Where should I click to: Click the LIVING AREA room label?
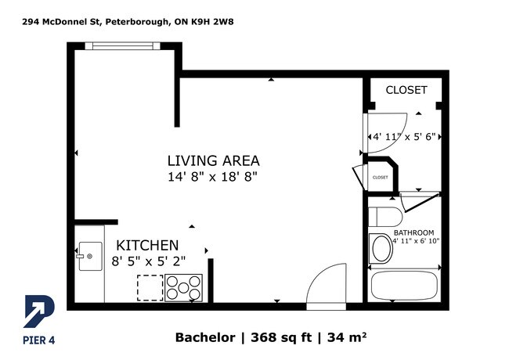point(213,161)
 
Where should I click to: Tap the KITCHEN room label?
point(147,246)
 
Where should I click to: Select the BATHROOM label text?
point(413,233)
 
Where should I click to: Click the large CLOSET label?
point(406,90)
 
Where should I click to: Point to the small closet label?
point(380,178)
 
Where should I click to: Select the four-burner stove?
point(183,288)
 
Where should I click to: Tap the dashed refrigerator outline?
point(150,288)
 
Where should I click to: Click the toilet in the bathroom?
point(385,217)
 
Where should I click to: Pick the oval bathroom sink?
point(381,248)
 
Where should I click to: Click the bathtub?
point(404,286)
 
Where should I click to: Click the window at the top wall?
point(123,46)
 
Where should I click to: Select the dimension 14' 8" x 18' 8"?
point(212,177)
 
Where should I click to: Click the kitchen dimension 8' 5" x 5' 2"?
point(148,261)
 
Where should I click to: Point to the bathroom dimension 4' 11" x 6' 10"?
point(416,241)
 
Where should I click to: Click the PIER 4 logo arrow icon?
point(39,311)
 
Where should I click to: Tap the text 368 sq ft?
point(281,337)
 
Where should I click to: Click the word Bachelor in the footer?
point(205,337)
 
